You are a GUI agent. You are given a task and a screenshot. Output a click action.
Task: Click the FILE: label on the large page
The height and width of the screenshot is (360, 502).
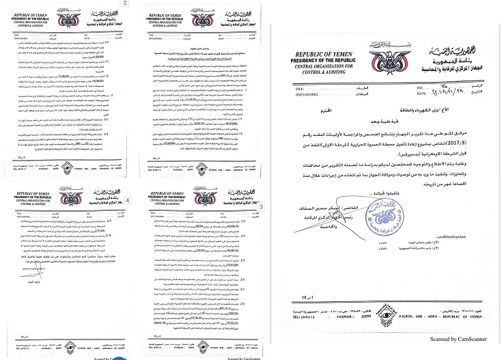coord(301,89)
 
